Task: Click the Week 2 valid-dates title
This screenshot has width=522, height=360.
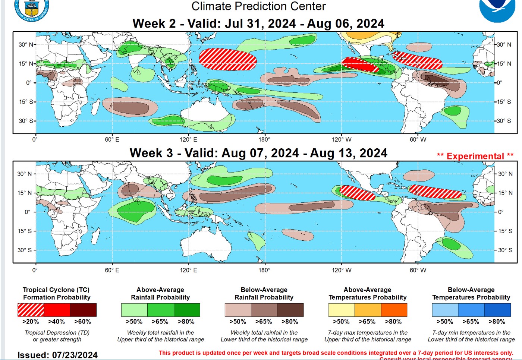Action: click(x=258, y=24)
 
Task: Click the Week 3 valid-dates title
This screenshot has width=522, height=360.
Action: click(x=258, y=153)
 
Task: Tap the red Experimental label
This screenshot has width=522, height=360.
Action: click(x=475, y=156)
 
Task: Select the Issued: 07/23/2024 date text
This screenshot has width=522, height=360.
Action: click(x=57, y=355)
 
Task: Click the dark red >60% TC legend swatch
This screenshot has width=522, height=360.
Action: click(x=83, y=310)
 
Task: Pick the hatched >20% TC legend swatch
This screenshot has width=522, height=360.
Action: click(x=31, y=310)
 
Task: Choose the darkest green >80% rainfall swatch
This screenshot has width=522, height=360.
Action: click(x=187, y=310)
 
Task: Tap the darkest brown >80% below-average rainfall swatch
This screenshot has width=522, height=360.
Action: click(x=290, y=310)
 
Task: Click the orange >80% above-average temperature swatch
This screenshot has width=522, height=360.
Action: click(x=394, y=310)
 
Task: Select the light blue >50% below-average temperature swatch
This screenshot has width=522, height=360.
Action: click(x=445, y=310)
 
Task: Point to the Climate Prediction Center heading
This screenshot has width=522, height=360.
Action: click(x=258, y=6)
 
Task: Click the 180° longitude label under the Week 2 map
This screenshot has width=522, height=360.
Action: click(x=264, y=140)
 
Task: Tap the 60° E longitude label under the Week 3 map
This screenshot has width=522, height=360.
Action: click(x=112, y=270)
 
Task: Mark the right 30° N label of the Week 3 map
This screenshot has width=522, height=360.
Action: click(x=505, y=174)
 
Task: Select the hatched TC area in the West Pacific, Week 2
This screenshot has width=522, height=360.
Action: click(x=228, y=59)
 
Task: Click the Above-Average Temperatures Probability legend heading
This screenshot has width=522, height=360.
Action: click(x=368, y=294)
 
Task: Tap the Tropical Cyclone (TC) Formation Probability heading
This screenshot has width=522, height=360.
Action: click(x=57, y=294)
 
